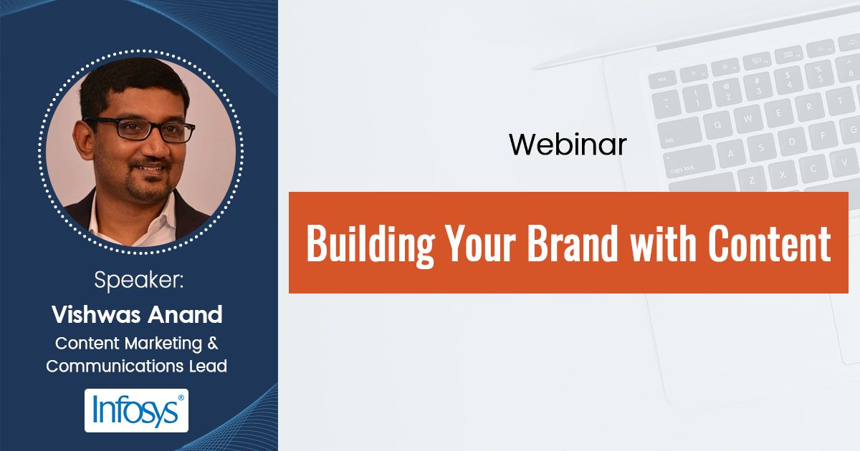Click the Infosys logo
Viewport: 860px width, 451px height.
136,410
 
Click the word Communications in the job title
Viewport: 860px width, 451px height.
110,367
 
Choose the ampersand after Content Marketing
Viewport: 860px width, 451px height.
213,343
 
